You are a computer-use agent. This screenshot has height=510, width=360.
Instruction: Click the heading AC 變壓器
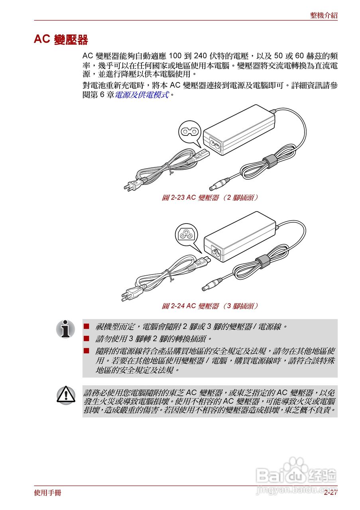pos(61,40)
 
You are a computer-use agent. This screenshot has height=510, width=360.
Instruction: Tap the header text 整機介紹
pos(324,16)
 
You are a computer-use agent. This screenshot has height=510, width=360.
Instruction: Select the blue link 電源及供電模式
pos(142,95)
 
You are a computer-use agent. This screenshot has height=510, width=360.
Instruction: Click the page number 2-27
pos(330,493)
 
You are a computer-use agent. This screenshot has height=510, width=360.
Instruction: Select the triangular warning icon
pos(66,395)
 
